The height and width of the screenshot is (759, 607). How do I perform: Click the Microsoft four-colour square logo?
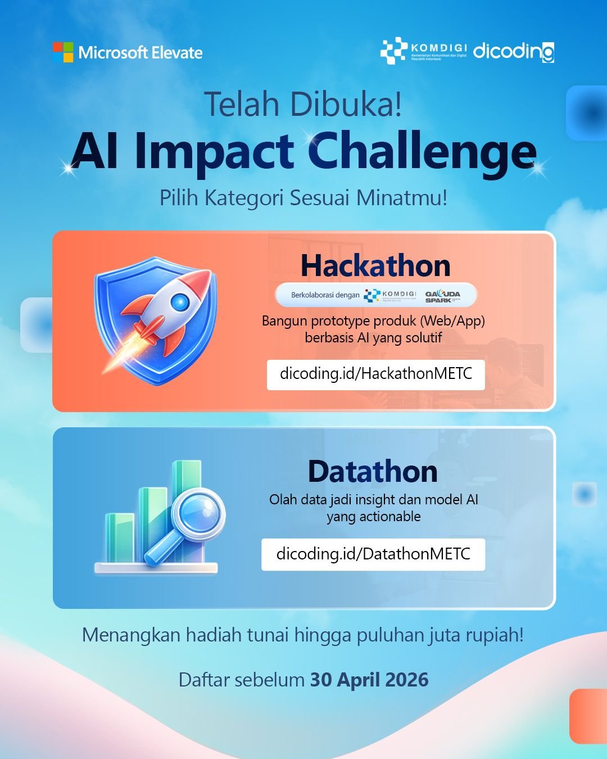coord(63,52)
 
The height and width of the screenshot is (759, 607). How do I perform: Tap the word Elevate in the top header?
coord(177,53)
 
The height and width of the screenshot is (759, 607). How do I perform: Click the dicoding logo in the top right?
coord(513,51)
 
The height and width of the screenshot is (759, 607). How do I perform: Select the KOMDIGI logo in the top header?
coord(424,51)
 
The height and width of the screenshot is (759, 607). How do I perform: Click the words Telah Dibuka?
coord(303,104)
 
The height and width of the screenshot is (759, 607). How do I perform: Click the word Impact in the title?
coord(214,152)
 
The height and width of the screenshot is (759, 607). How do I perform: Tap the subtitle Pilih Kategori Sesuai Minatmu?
coord(303,198)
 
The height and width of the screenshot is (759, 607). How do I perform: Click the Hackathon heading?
coord(375,265)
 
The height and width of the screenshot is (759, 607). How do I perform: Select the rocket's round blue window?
coord(180,302)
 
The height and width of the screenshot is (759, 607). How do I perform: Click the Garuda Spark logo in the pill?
coord(443,296)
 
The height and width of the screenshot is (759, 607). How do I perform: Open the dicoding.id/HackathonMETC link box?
coord(375,374)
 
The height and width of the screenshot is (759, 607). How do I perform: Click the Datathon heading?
coord(373,471)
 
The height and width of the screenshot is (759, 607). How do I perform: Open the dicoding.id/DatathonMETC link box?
coord(373,554)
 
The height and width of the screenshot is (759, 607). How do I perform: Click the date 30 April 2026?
coord(369,680)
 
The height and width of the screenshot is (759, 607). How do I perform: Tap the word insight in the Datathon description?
coord(375,500)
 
